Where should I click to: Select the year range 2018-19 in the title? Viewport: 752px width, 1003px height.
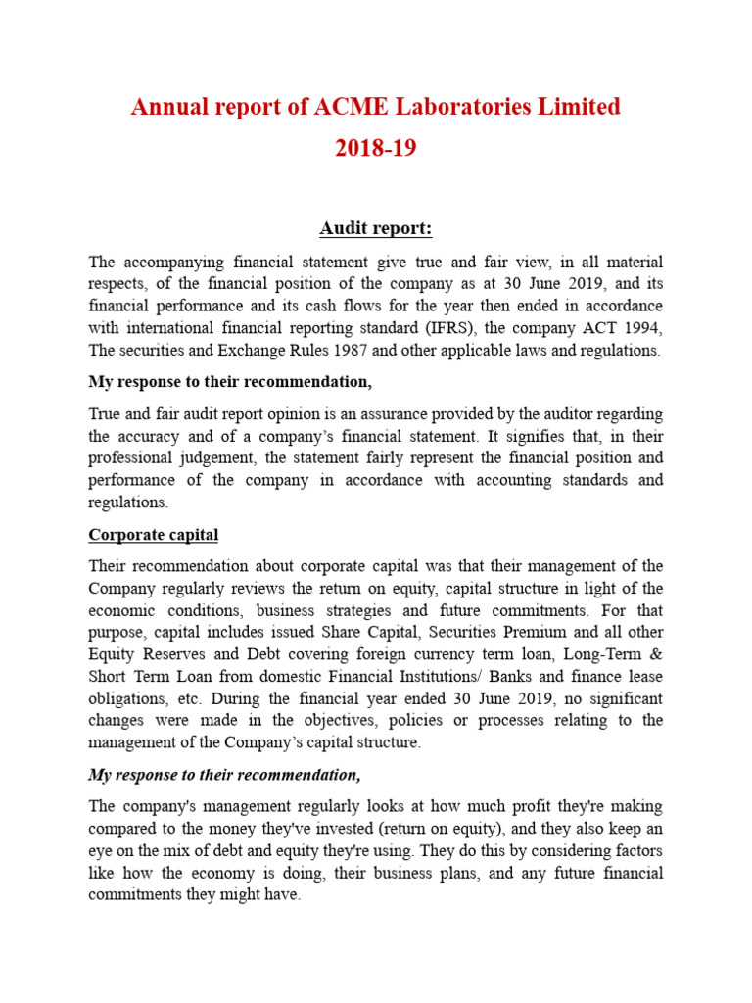coord(376,149)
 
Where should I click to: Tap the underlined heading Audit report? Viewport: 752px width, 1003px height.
coord(375,228)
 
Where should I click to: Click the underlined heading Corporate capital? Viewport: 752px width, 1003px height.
coord(154,535)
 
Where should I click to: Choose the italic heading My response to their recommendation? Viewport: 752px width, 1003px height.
coord(224,775)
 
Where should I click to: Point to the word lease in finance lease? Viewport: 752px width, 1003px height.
coord(642,676)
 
